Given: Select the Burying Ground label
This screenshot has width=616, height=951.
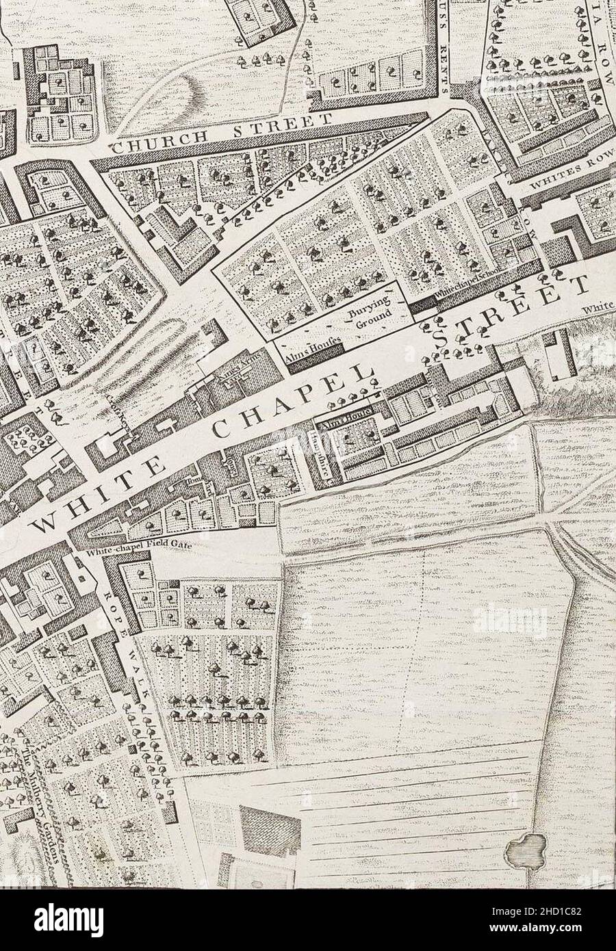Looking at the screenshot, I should [370, 312].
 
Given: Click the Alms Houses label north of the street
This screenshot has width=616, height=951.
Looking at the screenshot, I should [309, 346].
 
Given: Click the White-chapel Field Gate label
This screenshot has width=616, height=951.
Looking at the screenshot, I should [137, 546].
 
